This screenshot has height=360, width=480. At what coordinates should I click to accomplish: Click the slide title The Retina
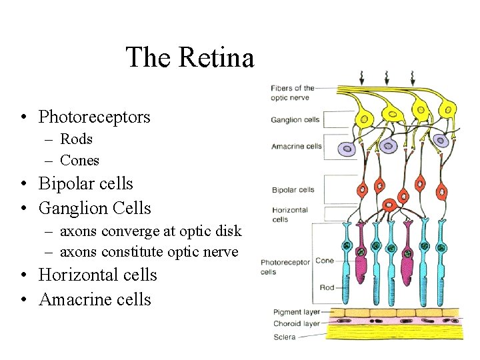pos(190,57)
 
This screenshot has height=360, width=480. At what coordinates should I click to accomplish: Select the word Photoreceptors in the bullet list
pos(94,117)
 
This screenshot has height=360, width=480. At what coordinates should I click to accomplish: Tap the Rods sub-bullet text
pos(76,139)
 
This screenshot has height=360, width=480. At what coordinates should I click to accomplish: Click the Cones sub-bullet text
pos(79,161)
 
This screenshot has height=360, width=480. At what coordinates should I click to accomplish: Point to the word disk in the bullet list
pos(227,231)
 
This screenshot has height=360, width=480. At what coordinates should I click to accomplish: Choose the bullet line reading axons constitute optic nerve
pos(149,252)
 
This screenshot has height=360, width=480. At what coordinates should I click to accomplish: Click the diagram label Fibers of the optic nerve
pos(292,93)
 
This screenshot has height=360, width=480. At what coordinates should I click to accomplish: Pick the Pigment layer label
pos(297,312)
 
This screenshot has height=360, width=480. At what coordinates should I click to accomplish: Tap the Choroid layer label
pos(297,324)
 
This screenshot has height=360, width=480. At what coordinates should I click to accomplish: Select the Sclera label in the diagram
pos(285,337)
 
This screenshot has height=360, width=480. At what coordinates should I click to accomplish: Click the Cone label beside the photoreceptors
pos(325,261)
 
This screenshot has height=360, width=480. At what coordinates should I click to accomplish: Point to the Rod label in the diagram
pos(327,287)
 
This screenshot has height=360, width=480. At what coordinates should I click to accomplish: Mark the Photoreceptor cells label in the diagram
pos(285,267)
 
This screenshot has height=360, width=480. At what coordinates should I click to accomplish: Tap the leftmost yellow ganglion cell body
pos(365,119)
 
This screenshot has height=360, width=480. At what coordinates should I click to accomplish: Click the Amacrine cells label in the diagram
pos(297,147)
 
